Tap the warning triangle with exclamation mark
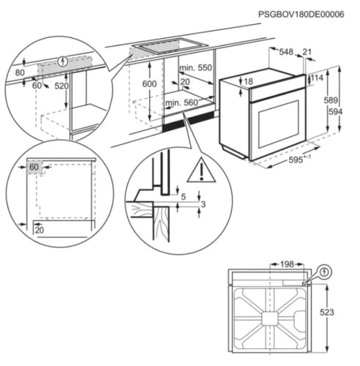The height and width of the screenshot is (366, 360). (197, 171)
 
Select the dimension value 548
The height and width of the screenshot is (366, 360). (286, 52)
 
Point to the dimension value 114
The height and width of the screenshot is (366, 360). (318, 78)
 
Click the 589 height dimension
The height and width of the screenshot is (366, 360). (332, 101)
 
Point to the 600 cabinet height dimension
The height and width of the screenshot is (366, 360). (149, 85)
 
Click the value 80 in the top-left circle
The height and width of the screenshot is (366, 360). (19, 72)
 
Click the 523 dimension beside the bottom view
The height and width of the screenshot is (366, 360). (327, 313)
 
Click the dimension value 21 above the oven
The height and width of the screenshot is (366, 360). (308, 52)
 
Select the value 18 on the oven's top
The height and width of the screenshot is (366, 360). (248, 82)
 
